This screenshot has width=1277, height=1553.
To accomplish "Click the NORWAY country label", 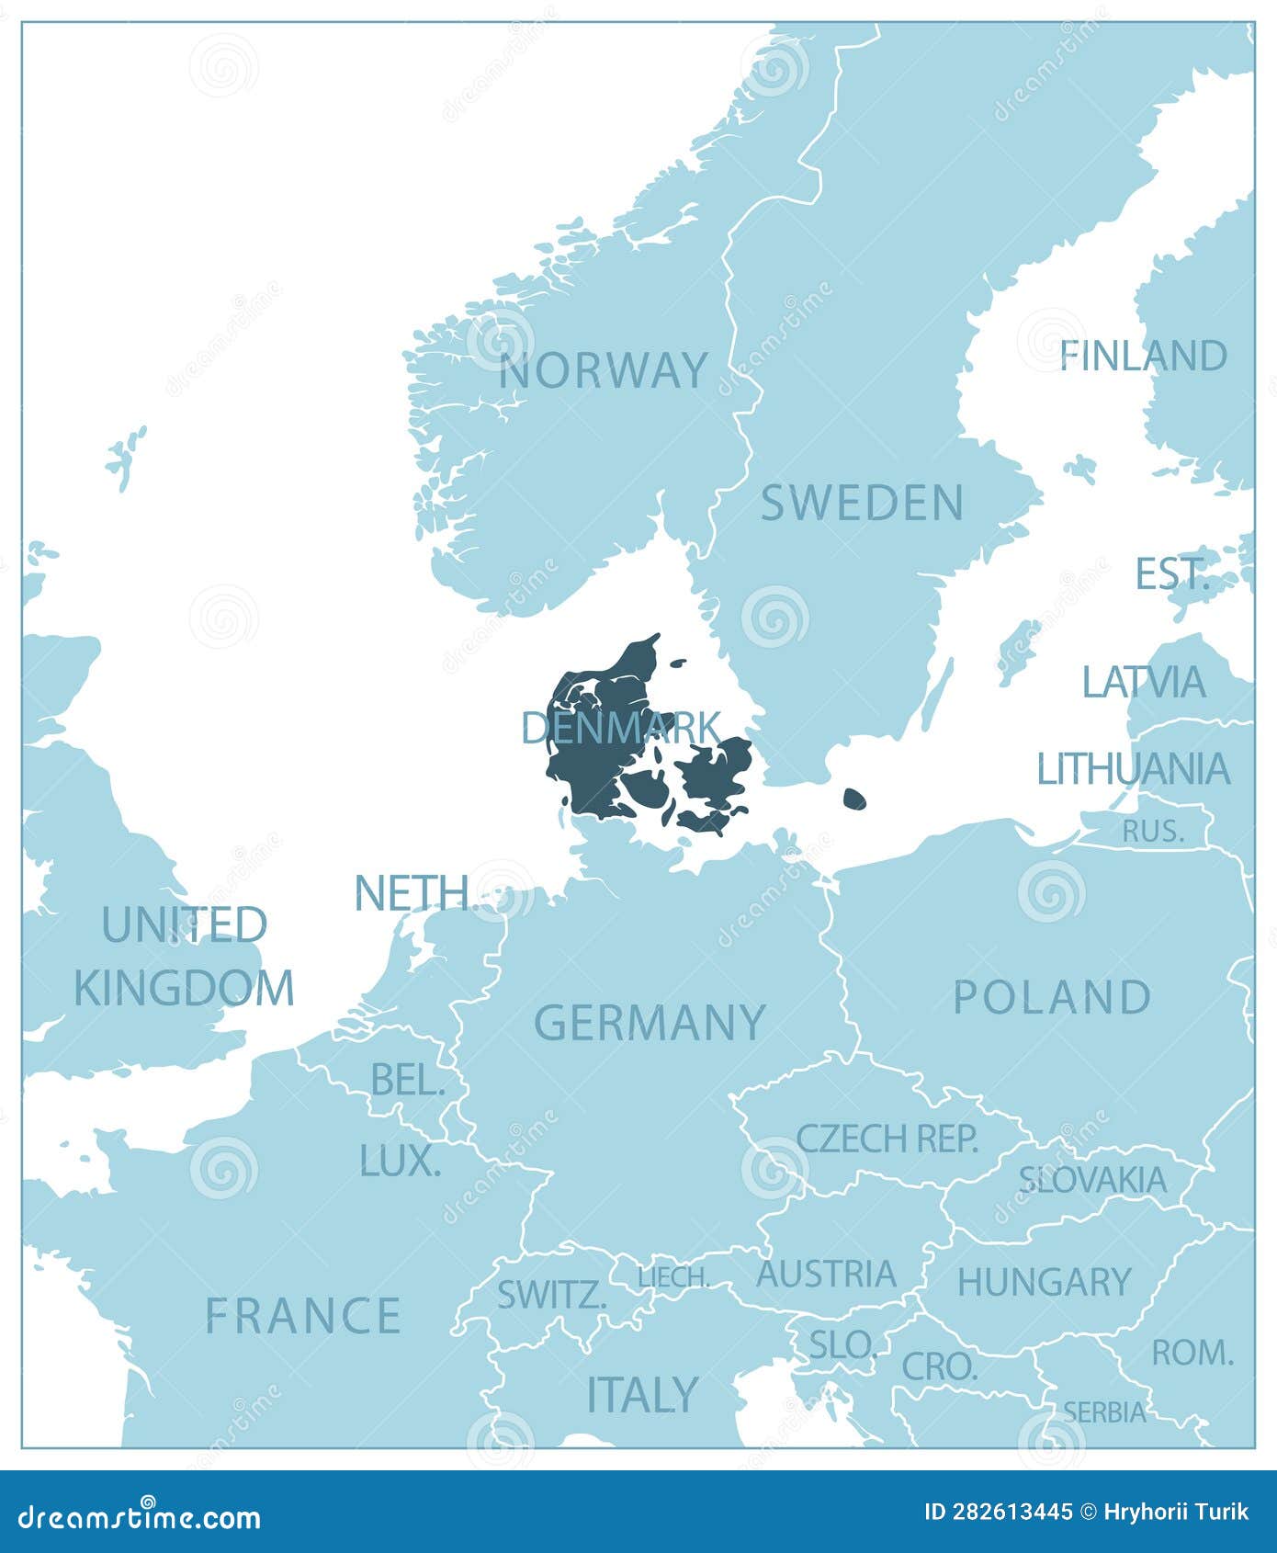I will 604,370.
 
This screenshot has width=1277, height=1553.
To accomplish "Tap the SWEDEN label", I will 862,503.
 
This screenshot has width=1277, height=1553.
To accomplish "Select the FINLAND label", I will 1144,357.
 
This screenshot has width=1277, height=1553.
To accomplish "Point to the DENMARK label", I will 620,728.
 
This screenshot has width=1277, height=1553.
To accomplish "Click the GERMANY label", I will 650,1022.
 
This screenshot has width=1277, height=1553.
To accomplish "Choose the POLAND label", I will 1052,997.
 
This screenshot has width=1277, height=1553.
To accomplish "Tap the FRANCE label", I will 302,1315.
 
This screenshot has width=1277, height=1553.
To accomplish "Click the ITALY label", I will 642,1395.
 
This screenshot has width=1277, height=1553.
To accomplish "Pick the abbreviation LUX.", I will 400,1162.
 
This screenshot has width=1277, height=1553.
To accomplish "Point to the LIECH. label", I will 673,1277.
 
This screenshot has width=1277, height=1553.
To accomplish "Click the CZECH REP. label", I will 887,1139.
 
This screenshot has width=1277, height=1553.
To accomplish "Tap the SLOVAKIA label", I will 1092,1180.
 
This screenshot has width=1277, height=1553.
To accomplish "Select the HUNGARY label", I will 1044,1282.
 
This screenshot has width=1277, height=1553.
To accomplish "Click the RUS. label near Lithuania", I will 1153,831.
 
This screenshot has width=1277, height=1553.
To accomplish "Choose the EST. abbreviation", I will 1171,574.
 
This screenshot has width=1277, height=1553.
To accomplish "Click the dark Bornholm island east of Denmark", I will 854,799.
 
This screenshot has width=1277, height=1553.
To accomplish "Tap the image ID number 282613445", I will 998,1513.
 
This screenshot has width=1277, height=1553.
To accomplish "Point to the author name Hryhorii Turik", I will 1174,1513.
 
